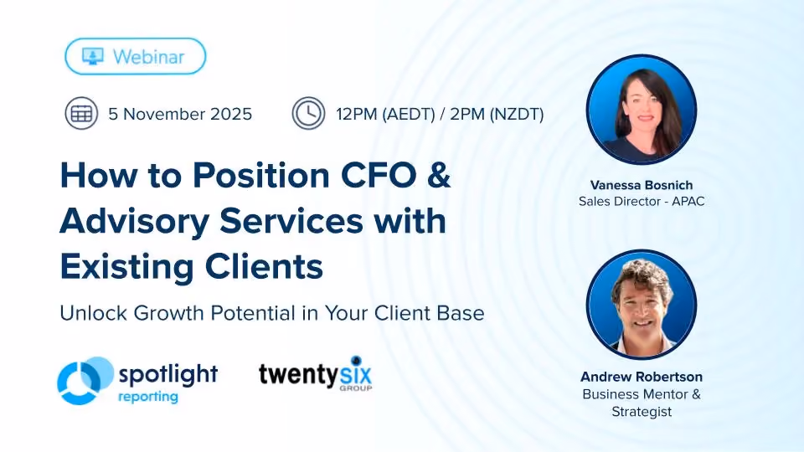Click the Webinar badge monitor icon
(x=93, y=56)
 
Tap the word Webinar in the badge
(x=149, y=57)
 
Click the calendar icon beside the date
(x=81, y=113)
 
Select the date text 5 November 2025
(x=180, y=114)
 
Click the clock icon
(x=309, y=113)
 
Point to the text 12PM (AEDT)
(x=385, y=114)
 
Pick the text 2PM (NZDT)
(x=497, y=114)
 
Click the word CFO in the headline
(x=379, y=175)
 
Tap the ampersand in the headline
(x=438, y=175)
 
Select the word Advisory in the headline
(x=134, y=222)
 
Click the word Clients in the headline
(x=264, y=266)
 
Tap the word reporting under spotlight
(x=148, y=397)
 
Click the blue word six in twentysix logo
(x=356, y=374)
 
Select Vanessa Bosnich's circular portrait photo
(x=642, y=110)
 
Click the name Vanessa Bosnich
(x=642, y=185)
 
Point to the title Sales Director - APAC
(x=642, y=202)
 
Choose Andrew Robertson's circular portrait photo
(x=642, y=305)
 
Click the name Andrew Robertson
(x=642, y=377)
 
